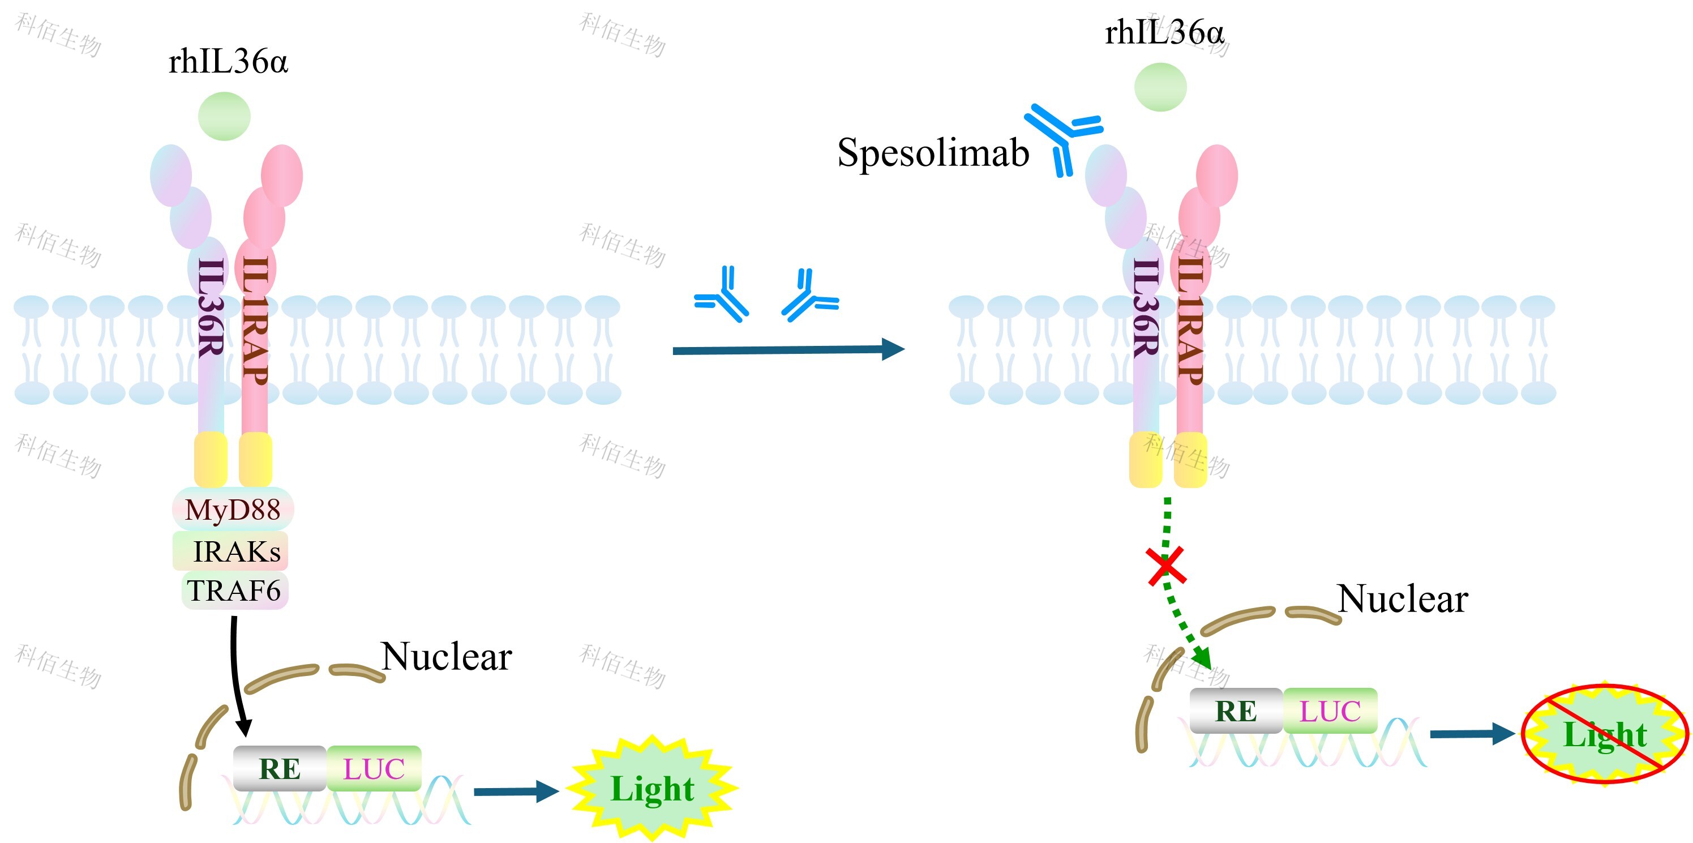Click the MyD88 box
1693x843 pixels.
[x=233, y=510]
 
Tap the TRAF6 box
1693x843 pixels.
[x=235, y=590]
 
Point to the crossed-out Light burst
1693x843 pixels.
[x=1604, y=734]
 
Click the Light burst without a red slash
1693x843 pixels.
[x=652, y=789]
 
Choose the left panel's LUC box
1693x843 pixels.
[x=374, y=768]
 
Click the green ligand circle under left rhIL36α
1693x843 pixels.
[x=224, y=117]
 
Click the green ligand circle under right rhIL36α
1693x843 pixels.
[x=1160, y=87]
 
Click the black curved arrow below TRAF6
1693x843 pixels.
[x=237, y=677]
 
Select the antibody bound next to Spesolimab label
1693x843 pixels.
[x=1061, y=135]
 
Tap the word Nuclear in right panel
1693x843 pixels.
[x=1403, y=598]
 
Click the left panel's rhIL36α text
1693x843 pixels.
[x=228, y=62]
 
